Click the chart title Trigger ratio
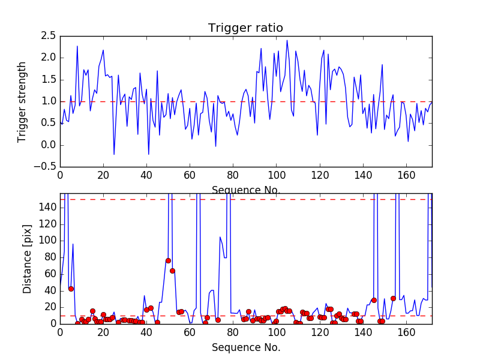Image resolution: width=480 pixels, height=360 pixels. [x=245, y=28]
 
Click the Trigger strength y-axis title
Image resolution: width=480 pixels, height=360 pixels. [x=22, y=101]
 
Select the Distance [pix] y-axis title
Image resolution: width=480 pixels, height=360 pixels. [x=28, y=259]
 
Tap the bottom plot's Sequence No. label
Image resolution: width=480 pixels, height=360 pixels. [x=245, y=347]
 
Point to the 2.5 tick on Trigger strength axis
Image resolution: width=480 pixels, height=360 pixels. [x=48, y=35]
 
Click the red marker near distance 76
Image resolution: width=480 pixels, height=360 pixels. [x=168, y=260]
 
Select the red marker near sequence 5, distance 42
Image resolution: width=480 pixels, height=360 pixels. [x=71, y=289]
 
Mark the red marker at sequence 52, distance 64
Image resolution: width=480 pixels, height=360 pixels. [x=172, y=271]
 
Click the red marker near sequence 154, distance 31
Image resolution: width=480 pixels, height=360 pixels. [x=393, y=298]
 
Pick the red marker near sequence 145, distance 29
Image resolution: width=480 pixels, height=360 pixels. [x=374, y=300]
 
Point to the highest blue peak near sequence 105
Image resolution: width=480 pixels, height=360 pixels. [x=287, y=40]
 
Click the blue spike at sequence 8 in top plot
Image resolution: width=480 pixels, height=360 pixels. [x=77, y=46]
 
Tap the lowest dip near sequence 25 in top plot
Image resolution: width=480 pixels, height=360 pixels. [x=114, y=154]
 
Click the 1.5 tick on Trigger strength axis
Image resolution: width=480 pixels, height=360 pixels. [x=48, y=79]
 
